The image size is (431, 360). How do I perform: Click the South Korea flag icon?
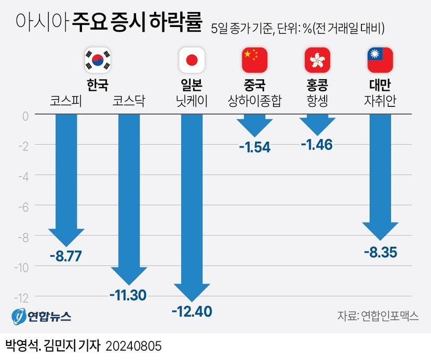click(98, 60)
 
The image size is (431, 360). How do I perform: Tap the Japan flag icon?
click(192, 60)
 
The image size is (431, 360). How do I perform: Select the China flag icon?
click(254, 60)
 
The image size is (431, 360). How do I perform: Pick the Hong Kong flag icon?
click(317, 60)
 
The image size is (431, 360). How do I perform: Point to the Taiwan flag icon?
click(380, 60)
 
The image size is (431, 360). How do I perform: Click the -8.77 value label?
click(66, 256)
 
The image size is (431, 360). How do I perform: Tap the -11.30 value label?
click(128, 296)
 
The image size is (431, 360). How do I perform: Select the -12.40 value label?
click(192, 312)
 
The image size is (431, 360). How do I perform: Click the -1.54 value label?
click(254, 147)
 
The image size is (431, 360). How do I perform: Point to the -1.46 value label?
click(317, 145)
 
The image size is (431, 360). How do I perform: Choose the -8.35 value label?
click(380, 254)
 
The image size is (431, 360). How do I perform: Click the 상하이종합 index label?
click(254, 101)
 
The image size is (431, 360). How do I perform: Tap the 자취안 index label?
click(380, 101)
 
